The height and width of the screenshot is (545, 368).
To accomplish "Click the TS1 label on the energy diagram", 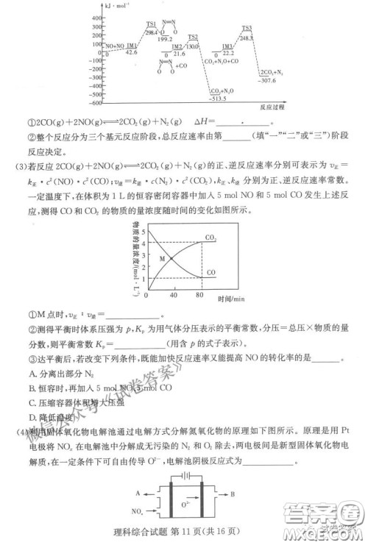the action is [x=150, y=24].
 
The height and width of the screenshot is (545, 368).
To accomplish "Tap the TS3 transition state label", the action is [x=247, y=28].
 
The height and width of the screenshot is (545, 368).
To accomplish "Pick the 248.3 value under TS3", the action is [x=247, y=36].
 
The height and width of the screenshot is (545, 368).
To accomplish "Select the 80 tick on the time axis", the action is [x=199, y=295].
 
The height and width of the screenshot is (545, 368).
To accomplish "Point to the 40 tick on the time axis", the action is [x=174, y=295].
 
